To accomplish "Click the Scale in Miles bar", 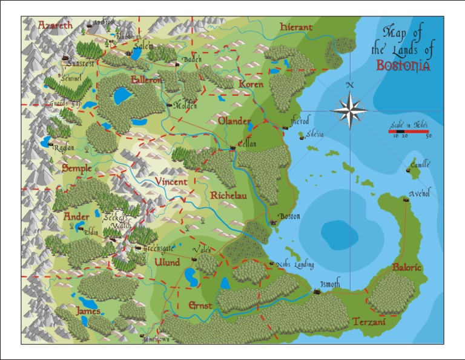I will (408, 131).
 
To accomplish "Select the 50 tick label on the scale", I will (428, 136).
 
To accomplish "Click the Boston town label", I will (289, 216).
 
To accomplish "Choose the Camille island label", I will (420, 164).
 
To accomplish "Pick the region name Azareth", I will (55, 25).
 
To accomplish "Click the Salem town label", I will (143, 46).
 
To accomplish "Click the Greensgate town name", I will (159, 247).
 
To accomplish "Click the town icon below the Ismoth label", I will (316, 293).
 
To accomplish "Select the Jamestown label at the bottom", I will (156, 340).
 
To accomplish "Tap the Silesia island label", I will (315, 135).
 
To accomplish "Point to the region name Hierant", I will (296, 27).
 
